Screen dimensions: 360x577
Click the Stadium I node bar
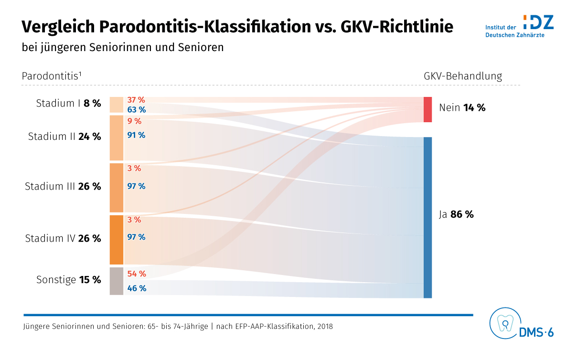[116, 105]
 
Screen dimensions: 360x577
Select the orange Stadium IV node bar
[116, 240]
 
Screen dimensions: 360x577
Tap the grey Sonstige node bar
[116, 281]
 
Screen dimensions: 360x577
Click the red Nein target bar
[427, 109]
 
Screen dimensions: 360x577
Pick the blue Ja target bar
[427, 217]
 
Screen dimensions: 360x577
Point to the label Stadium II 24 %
[64, 137]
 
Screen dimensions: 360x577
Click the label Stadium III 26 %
[63, 187]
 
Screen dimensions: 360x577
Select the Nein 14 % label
[462, 108]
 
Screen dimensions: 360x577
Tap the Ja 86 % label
[456, 215]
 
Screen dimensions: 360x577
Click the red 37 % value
[136, 100]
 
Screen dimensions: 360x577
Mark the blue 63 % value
[136, 109]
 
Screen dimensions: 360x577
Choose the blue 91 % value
[136, 135]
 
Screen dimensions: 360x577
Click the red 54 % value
[136, 274]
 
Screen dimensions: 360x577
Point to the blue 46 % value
[136, 288]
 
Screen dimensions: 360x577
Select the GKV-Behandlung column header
[462, 76]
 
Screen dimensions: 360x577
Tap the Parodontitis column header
[52, 76]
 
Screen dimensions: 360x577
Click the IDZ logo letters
[538, 22]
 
